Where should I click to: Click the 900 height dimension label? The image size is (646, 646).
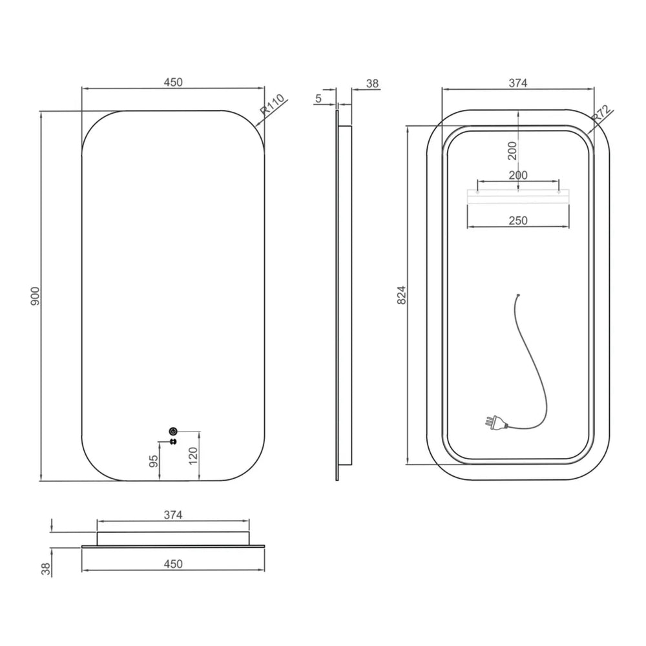36,296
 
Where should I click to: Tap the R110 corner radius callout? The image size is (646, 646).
273,105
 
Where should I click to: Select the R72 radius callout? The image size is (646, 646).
601,114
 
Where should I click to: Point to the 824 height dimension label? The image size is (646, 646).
402,295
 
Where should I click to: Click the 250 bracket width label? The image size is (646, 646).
518,221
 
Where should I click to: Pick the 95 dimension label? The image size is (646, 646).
153,461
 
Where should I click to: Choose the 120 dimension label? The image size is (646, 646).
193,456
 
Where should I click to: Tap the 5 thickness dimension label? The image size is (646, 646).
318,98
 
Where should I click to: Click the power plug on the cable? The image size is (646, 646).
495,424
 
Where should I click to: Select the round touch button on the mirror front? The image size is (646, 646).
173,432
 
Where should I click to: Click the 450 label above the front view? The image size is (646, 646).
173,83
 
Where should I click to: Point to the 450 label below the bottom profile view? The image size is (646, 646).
173,563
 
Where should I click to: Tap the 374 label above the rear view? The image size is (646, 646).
518,83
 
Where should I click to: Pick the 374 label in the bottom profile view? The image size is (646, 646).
173,515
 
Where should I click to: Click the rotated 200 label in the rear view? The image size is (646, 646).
512,151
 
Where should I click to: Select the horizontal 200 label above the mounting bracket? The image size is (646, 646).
518,176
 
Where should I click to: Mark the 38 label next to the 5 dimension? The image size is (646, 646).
372,83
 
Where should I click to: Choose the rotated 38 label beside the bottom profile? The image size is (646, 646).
46,569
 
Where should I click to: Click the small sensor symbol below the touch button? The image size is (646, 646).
173,442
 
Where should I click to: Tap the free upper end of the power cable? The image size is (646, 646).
518,295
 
